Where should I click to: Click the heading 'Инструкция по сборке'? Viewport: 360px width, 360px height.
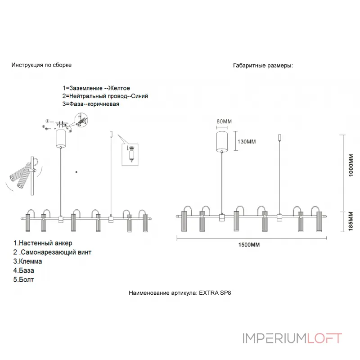(x=41, y=65)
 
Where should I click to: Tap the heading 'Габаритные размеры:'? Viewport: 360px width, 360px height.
(x=263, y=65)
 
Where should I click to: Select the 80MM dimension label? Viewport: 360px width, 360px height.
(x=224, y=121)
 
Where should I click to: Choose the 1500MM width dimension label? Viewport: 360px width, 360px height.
(x=249, y=244)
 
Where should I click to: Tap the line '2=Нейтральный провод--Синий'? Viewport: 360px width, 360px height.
(x=105, y=96)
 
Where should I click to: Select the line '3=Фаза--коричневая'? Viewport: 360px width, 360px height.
(x=91, y=104)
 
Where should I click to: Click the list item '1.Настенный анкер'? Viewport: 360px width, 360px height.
(x=43, y=243)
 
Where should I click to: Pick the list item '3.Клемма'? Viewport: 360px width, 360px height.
(x=28, y=261)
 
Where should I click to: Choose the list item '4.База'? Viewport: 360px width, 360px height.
(x=24, y=270)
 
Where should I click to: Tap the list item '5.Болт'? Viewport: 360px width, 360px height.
(x=24, y=279)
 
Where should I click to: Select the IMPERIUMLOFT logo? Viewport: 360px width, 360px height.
(x=292, y=338)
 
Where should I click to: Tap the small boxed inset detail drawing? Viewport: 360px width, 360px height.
(x=131, y=154)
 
